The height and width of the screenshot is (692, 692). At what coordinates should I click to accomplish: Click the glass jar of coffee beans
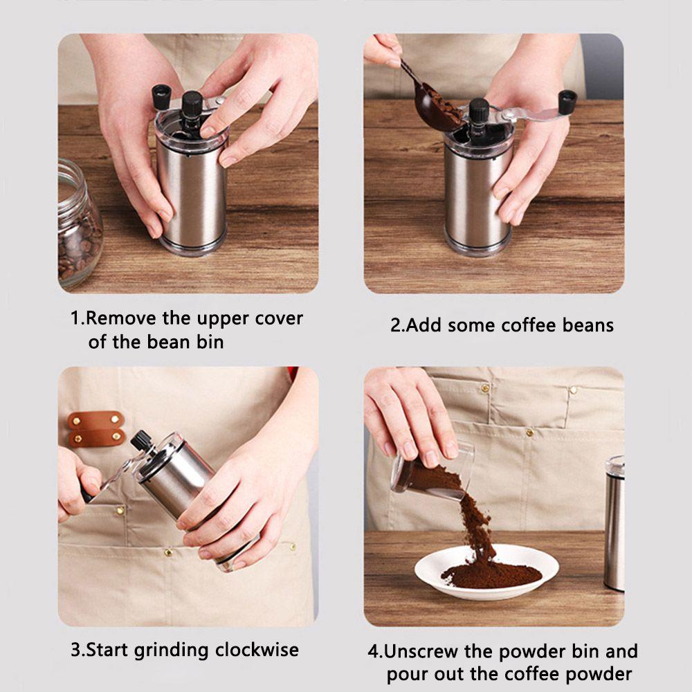pyautogui.click(x=79, y=225)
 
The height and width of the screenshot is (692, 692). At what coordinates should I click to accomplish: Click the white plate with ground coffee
pyautogui.click(x=486, y=572)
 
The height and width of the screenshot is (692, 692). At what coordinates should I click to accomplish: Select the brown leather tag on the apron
pyautogui.click(x=95, y=428)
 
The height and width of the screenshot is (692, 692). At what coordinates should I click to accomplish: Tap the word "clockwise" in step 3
pyautogui.click(x=257, y=650)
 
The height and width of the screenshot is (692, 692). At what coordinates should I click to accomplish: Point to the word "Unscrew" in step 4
pyautogui.click(x=421, y=651)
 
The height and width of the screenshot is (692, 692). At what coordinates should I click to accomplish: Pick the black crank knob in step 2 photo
pyautogui.click(x=567, y=101)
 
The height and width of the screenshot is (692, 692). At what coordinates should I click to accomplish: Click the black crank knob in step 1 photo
pyautogui.click(x=161, y=97)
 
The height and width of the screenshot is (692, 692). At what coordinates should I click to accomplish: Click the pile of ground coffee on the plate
pyautogui.click(x=491, y=574)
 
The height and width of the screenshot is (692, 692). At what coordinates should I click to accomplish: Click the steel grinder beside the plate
pyautogui.click(x=614, y=523)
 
